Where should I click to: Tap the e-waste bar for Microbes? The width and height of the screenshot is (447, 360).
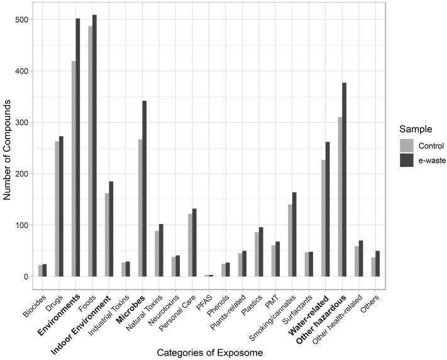coord(144,189)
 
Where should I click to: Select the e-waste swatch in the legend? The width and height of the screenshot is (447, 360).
coord(407,160)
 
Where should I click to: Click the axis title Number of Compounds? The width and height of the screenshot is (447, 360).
coord(8,148)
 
